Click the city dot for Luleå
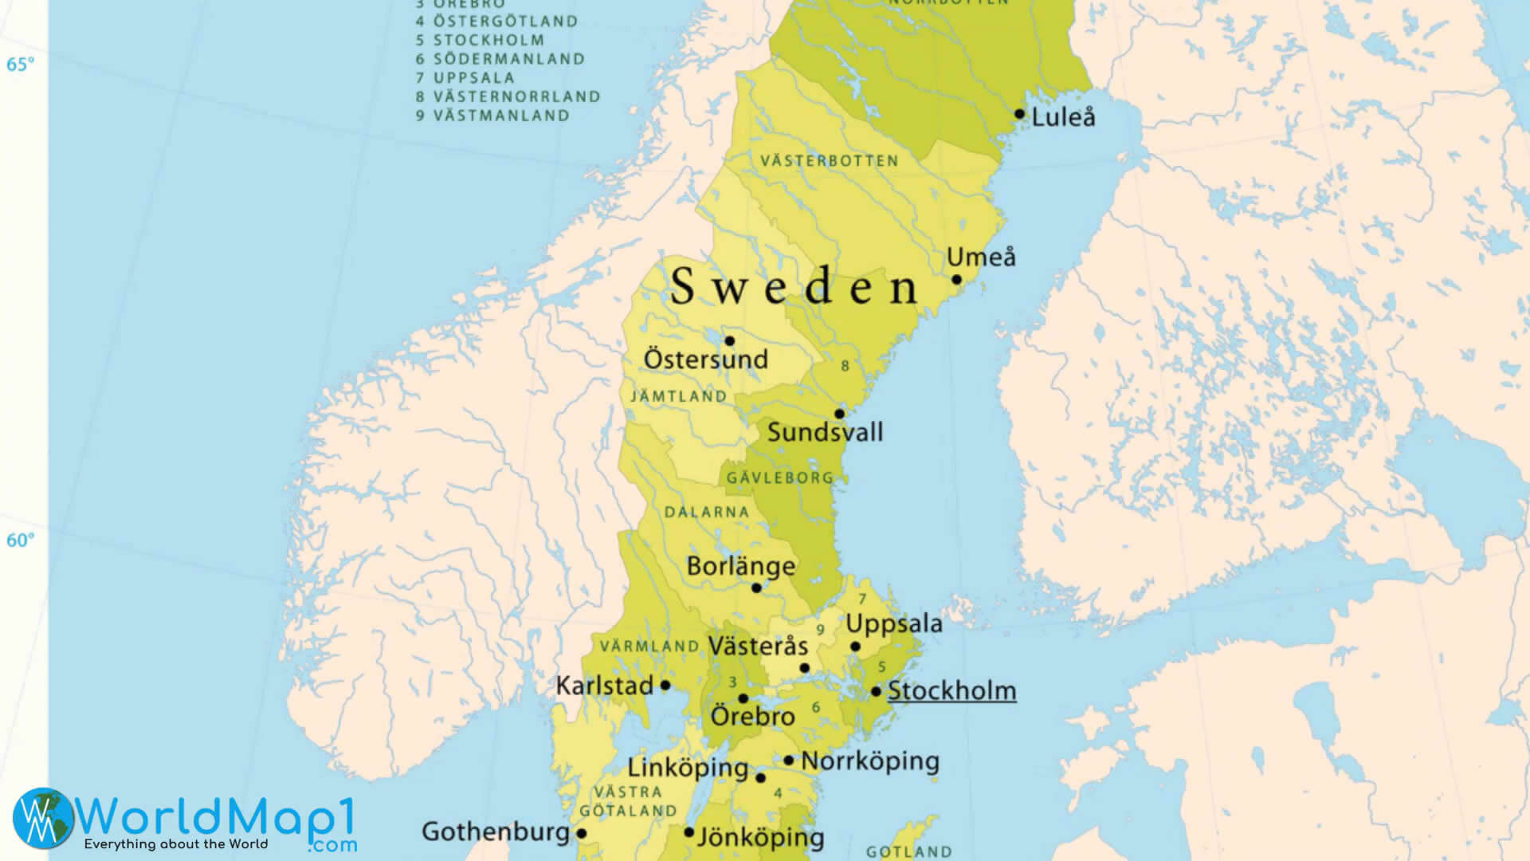[1019, 114]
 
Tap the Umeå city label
[981, 258]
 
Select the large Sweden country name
[794, 286]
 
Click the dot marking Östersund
[729, 341]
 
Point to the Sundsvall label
[825, 433]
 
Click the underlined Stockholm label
[951, 690]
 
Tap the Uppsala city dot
[855, 647]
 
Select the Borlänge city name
[740, 566]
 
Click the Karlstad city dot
[665, 686]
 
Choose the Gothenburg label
[495, 832]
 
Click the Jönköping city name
[760, 837]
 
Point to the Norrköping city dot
[788, 761]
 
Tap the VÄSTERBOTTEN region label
[829, 161]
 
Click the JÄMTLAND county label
[679, 396]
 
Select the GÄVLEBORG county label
[779, 478]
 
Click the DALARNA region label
[707, 512]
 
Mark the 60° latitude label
[20, 541]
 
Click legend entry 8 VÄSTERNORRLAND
[508, 96]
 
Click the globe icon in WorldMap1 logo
[42, 818]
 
